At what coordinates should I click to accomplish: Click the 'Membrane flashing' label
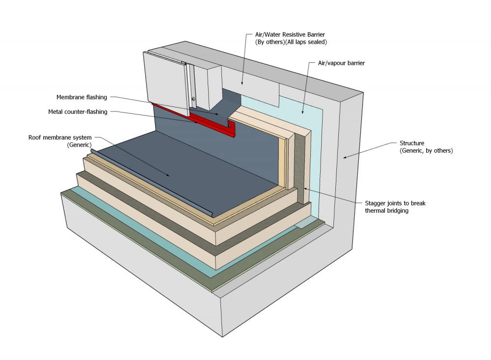[x=82, y=97]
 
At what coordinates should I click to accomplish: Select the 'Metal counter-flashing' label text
[x=78, y=111]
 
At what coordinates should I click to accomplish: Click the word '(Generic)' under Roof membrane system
[x=80, y=145]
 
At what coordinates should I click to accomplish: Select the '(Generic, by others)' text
[x=426, y=151]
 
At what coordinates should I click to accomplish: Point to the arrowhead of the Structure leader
[x=345, y=158]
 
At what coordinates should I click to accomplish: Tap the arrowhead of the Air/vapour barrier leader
[x=303, y=112]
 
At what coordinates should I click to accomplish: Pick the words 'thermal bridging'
[x=388, y=211]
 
